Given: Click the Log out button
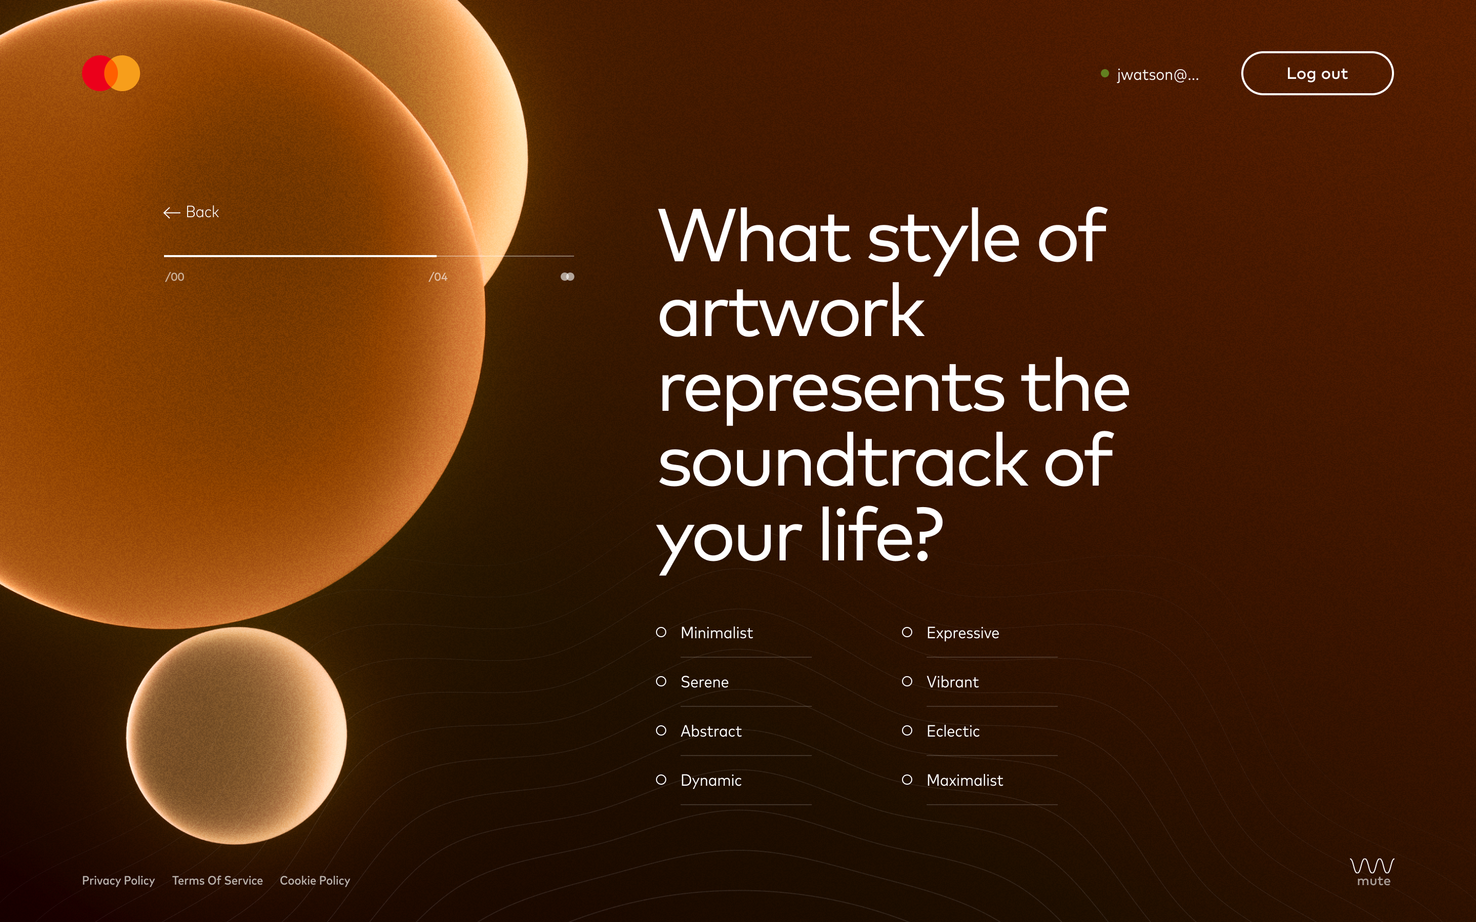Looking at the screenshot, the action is (1317, 73).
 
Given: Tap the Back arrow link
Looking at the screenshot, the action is (191, 212).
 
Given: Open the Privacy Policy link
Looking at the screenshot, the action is (118, 881).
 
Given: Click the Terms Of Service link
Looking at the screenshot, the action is (217, 881).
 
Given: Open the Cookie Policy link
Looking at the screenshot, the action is (315, 881).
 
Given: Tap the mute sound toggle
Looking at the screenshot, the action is (1372, 872).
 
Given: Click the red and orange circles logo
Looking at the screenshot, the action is (111, 73).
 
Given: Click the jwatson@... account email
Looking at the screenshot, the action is (1158, 74).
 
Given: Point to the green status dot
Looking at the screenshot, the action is (1104, 73).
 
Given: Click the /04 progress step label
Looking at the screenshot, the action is (438, 277).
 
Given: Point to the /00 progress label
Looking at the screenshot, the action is (174, 277).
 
